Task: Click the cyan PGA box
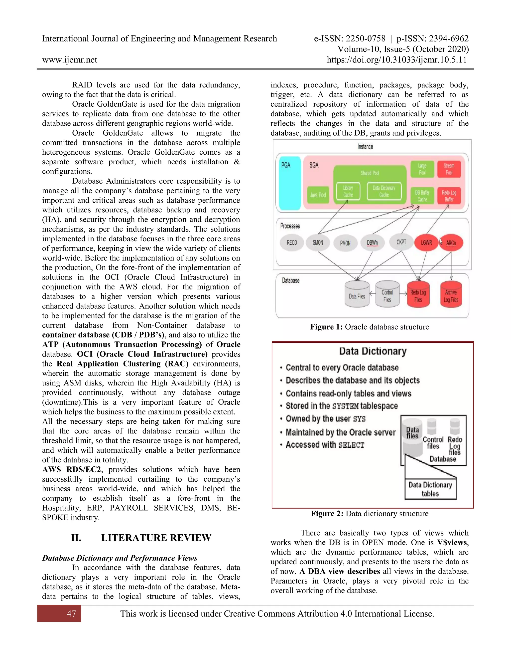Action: [290, 183]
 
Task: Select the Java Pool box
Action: [318, 195]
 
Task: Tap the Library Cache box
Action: [348, 191]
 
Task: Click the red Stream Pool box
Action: [449, 169]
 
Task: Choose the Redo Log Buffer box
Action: [449, 196]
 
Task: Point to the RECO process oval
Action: [292, 243]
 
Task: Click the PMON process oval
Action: [345, 243]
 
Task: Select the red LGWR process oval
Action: [426, 243]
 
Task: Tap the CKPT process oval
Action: [401, 242]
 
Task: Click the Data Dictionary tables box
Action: [430, 489]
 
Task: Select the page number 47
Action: [71, 614]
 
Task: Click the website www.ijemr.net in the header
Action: [70, 60]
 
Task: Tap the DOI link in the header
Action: [396, 60]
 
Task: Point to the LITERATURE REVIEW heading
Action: [156, 538]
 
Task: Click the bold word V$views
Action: [453, 542]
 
